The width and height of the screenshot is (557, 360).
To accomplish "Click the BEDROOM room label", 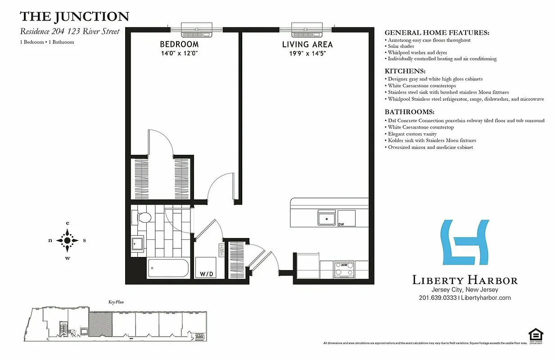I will tap(179, 44).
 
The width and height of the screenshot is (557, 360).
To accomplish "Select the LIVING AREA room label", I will tap(307, 44).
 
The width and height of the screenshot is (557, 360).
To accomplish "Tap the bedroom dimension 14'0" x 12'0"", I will tap(179, 53).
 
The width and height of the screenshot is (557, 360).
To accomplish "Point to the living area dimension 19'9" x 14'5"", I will tap(307, 53).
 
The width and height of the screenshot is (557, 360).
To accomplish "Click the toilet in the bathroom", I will tap(143, 218).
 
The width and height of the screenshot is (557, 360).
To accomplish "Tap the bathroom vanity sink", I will tap(138, 245).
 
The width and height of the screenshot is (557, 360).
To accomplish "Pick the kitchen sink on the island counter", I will tap(326, 218).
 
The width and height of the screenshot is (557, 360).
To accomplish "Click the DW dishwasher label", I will tap(341, 224).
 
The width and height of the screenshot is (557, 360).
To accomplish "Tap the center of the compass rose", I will tap(68, 240).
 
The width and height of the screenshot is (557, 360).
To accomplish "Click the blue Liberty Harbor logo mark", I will tap(465, 242).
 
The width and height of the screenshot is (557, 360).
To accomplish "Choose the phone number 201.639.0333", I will tap(437, 298).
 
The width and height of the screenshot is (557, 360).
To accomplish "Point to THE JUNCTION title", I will tap(74, 17).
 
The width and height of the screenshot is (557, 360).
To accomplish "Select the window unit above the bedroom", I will tap(197, 29).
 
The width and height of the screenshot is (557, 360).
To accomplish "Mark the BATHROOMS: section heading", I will tap(409, 112).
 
